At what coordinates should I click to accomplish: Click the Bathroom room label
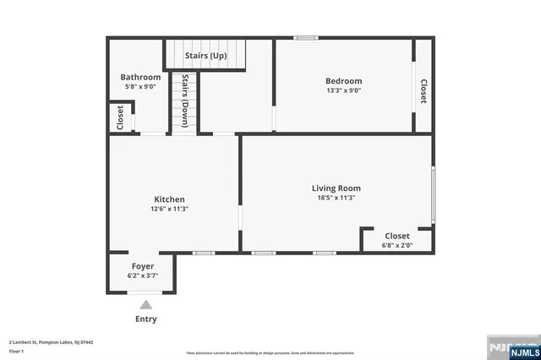(x=140, y=77)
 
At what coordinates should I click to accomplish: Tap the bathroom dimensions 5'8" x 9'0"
(x=140, y=86)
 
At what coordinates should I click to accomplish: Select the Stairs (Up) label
(x=206, y=56)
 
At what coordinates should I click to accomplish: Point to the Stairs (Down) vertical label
(x=185, y=101)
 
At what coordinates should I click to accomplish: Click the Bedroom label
(x=344, y=81)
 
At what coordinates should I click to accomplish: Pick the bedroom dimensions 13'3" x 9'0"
(x=344, y=90)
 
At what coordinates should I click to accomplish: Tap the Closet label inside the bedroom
(x=424, y=91)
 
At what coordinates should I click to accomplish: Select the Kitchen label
(x=169, y=199)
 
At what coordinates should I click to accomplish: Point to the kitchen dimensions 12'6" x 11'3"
(x=169, y=209)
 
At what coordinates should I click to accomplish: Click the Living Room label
(x=336, y=188)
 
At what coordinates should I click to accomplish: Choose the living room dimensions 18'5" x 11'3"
(x=336, y=198)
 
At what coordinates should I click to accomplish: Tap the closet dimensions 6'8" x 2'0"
(x=397, y=245)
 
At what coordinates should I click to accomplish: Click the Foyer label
(x=142, y=266)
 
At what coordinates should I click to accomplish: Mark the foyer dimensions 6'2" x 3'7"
(x=142, y=275)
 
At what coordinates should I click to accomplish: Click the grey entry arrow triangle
(x=146, y=304)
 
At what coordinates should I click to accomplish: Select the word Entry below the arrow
(x=146, y=319)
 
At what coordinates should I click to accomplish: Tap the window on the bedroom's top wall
(x=306, y=37)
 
